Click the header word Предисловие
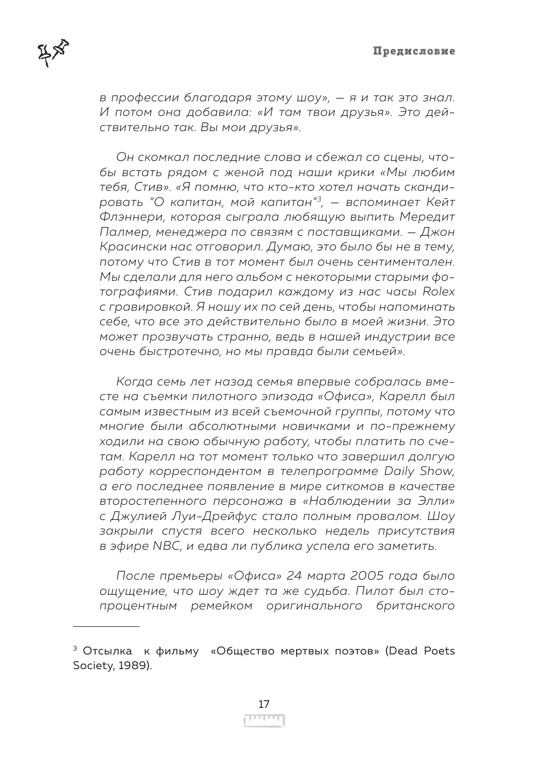414,51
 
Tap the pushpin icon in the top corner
53,52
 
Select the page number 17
263,705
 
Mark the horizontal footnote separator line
106,626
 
